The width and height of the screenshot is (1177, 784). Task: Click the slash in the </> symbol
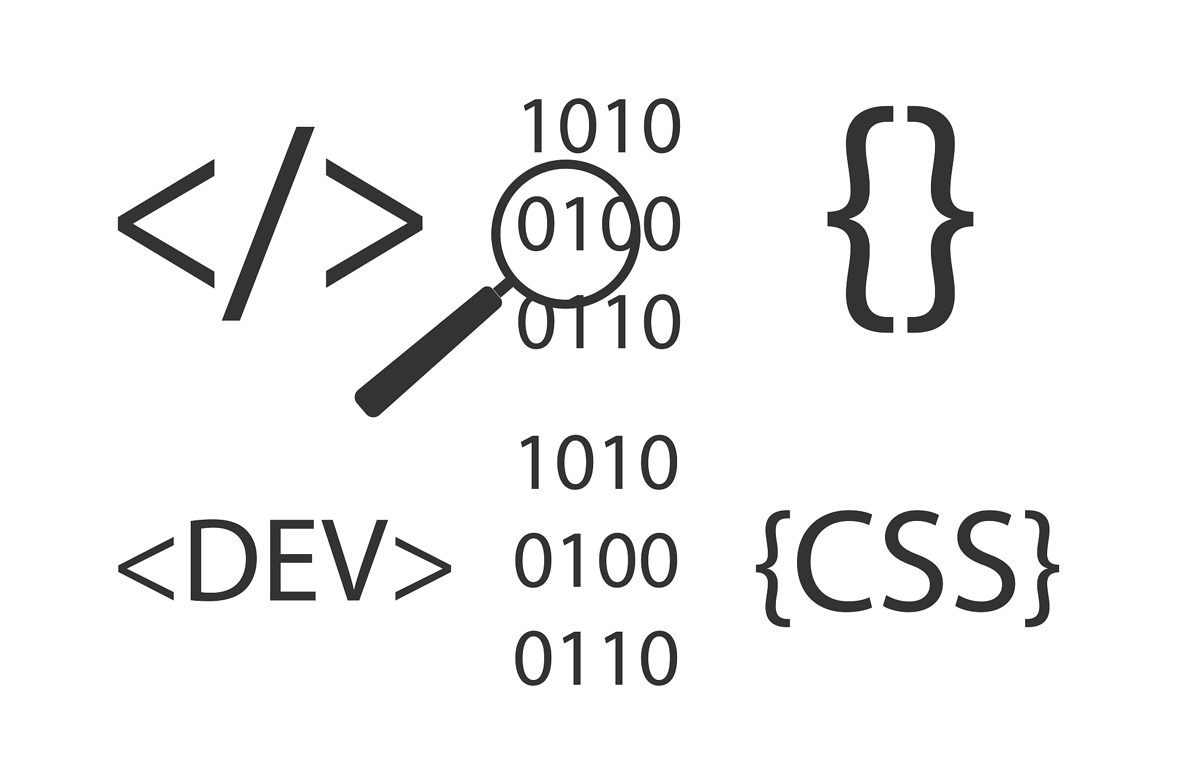click(x=268, y=223)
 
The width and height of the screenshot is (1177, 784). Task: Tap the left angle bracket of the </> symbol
click(x=166, y=223)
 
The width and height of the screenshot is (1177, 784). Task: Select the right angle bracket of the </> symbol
click(x=374, y=223)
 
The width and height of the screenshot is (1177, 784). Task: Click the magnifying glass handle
click(x=428, y=351)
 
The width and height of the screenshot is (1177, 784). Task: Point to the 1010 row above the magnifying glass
click(x=601, y=127)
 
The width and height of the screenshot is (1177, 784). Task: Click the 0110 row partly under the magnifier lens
click(x=599, y=322)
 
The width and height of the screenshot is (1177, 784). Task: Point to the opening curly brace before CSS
click(x=774, y=568)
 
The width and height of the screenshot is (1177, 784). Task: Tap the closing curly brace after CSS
click(x=1041, y=568)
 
